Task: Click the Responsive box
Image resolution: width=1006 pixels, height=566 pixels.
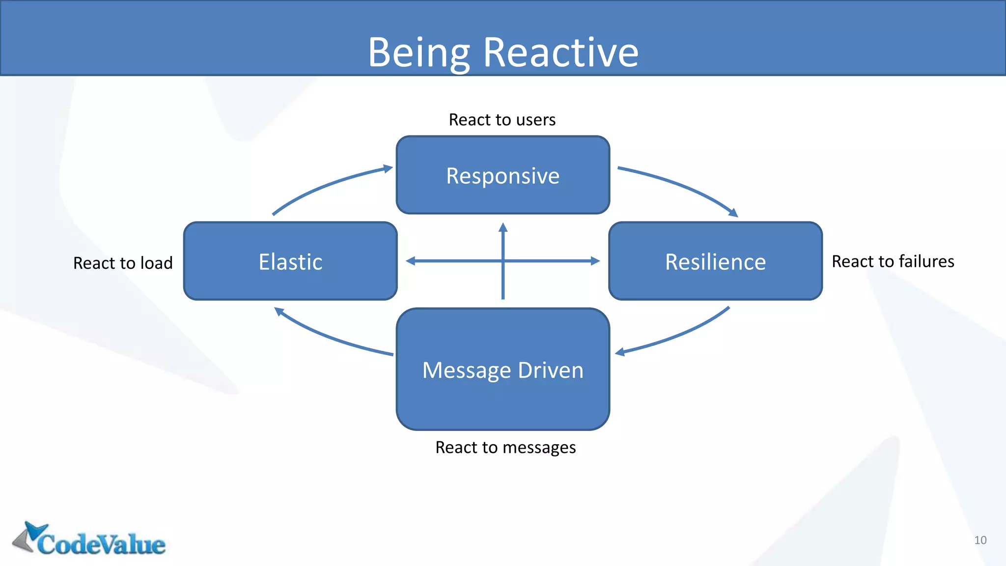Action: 503,175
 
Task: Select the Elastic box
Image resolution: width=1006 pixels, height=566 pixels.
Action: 290,261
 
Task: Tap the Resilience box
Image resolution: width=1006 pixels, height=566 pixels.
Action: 715,261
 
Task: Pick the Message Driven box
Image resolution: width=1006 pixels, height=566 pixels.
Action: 503,369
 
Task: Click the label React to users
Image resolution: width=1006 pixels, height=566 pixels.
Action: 502,120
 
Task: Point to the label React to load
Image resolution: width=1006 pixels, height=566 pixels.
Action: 123,263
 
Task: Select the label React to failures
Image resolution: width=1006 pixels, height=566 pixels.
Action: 893,261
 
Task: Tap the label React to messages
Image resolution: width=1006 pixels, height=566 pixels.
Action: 505,448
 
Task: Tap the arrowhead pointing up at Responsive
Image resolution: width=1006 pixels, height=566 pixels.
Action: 503,227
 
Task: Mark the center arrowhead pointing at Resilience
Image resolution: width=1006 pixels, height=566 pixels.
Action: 595,261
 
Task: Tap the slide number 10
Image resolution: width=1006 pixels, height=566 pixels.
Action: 980,540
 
